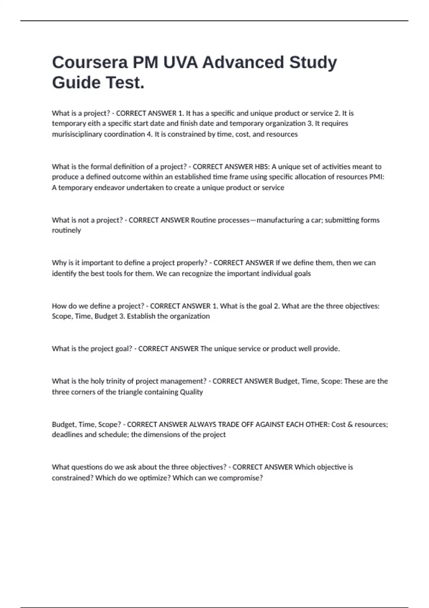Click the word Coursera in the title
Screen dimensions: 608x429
pyautogui.click(x=90, y=63)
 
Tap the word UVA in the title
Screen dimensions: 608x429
pyautogui.click(x=180, y=63)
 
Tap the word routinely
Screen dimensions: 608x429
pyautogui.click(x=66, y=230)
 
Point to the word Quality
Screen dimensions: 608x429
pyautogui.click(x=191, y=392)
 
